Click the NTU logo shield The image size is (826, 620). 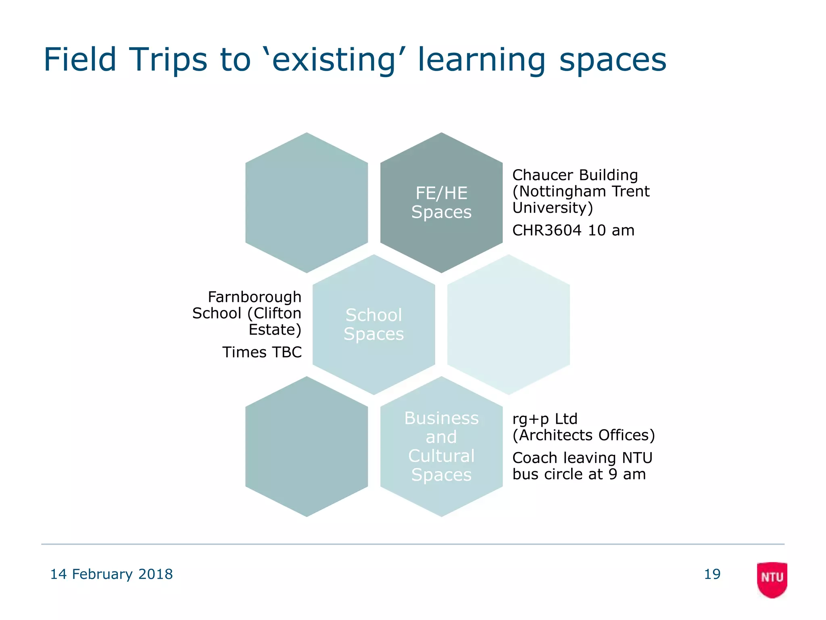[772, 579]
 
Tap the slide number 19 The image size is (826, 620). [712, 574]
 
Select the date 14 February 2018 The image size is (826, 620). [111, 574]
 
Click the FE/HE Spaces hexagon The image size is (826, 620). [441, 203]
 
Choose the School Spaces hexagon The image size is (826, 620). [373, 324]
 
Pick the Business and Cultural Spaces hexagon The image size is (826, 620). [441, 446]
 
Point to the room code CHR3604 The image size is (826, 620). [546, 230]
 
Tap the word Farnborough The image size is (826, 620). [254, 297]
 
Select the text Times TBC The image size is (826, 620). [262, 352]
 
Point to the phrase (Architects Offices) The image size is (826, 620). [583, 435]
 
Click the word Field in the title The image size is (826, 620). [80, 60]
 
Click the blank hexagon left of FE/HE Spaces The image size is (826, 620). [307, 203]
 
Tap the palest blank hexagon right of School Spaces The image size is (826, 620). [509, 324]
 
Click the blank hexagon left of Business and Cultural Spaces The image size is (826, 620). [307, 446]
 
